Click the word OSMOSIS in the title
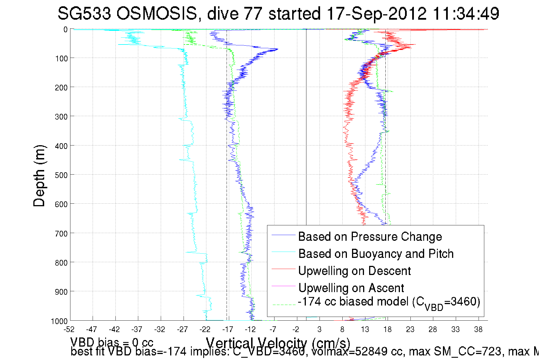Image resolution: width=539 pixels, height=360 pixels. coord(156,13)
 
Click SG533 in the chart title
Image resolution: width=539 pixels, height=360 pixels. coord(84,13)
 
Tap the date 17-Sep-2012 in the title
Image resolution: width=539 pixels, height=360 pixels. coord(377,13)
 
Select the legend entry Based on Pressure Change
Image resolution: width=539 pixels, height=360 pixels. coord(370,236)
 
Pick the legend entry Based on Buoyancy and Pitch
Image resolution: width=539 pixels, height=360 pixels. coord(376,254)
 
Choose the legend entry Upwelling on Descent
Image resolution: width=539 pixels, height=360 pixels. coord(354,271)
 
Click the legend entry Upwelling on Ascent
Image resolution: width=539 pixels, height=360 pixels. coord(351,288)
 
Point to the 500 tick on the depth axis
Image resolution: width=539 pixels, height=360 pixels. coord(61,175)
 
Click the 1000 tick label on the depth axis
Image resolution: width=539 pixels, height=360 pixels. coord(59,321)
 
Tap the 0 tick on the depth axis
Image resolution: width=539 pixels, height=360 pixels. coord(66,29)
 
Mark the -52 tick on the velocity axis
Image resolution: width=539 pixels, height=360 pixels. coord(69,329)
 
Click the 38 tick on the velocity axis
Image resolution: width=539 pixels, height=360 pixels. coord(478,329)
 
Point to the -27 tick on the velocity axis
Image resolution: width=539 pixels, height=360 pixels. coord(182,329)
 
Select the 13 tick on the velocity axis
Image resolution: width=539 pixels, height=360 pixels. coord(365,329)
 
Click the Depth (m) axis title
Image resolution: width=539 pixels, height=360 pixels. coord(39,176)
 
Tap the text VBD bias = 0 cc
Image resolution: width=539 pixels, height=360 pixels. coord(112,342)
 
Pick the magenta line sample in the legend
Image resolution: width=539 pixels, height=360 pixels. coord(283,286)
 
